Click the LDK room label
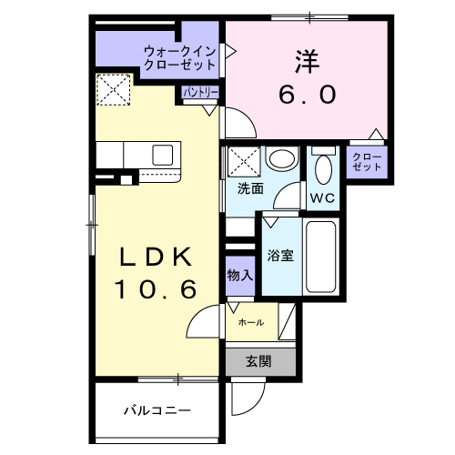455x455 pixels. coord(156,257)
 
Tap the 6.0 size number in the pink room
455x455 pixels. coord(308,95)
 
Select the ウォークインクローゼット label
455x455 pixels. coord(180,58)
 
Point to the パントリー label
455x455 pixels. coord(200,93)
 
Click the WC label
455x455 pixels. coord(322,198)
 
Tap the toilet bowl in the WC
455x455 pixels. coord(323,169)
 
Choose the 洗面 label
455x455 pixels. coord(250,188)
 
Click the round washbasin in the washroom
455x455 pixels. coord(282,159)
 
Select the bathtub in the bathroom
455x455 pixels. coord(320,257)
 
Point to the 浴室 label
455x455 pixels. coord(280,256)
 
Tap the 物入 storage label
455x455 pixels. coord(240,275)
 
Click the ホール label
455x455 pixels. coord(251,322)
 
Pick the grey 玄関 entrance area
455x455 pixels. coord(260,362)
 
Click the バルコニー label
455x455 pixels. coord(157,410)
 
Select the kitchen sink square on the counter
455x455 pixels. coord(163,156)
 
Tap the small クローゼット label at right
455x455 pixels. coord(367,162)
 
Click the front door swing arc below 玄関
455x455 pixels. coord(255,405)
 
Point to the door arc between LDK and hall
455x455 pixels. coord(197,316)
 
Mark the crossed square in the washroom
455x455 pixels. coord(244,161)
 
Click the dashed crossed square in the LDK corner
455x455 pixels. coord(114,90)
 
